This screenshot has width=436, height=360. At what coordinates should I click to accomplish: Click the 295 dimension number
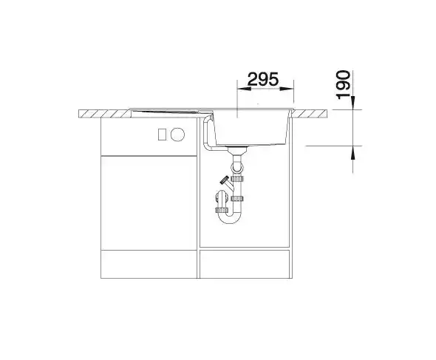tap(262, 79)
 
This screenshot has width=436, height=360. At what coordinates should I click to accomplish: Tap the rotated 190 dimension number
tap(343, 84)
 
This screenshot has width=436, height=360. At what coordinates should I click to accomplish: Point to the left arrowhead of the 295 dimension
tap(244, 89)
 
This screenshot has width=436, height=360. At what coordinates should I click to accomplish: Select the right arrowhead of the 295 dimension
tap(287, 89)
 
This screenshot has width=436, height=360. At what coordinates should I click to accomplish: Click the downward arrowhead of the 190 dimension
tap(352, 103)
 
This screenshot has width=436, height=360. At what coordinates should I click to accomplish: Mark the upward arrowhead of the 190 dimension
tap(352, 152)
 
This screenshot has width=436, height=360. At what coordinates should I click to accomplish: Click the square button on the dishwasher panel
tap(162, 135)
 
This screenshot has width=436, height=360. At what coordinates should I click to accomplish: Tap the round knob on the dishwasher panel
tap(177, 135)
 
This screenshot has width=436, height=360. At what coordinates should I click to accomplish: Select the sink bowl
tap(252, 127)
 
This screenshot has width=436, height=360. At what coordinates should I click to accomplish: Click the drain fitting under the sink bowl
tap(237, 150)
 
